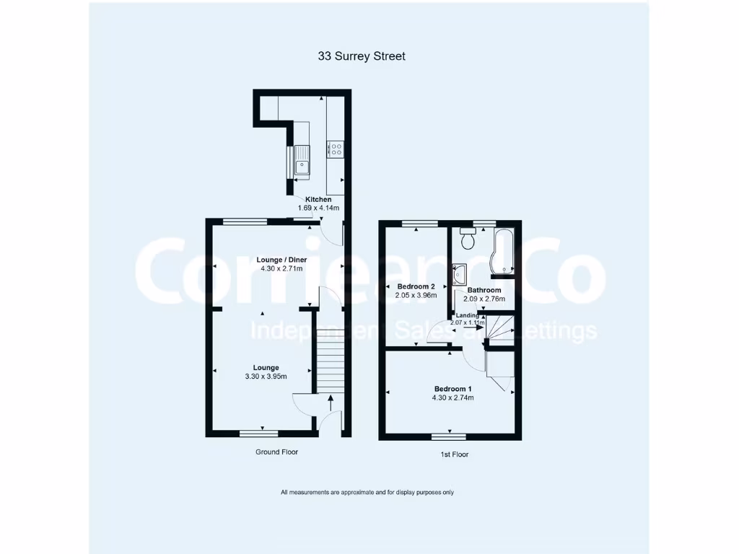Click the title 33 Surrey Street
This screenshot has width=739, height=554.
pos(362,56)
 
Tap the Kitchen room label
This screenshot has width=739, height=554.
pos(318,199)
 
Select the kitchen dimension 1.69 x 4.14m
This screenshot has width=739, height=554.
pos(318,208)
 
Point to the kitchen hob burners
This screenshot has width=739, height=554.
pos(336,149)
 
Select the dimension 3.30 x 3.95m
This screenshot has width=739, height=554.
pos(265,376)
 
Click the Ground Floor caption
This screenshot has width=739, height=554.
pos(276,452)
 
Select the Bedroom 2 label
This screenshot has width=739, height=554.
pos(416,286)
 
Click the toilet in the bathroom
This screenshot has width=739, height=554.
pos(468,236)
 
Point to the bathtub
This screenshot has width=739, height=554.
pos(502,251)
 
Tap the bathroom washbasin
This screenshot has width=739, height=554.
pos(460,273)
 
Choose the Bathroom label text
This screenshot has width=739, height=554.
pos(484,290)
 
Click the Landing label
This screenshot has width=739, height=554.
pos(466,315)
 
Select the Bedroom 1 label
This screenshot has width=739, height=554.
pos(452,388)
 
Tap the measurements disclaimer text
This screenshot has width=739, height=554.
pos(367,492)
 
